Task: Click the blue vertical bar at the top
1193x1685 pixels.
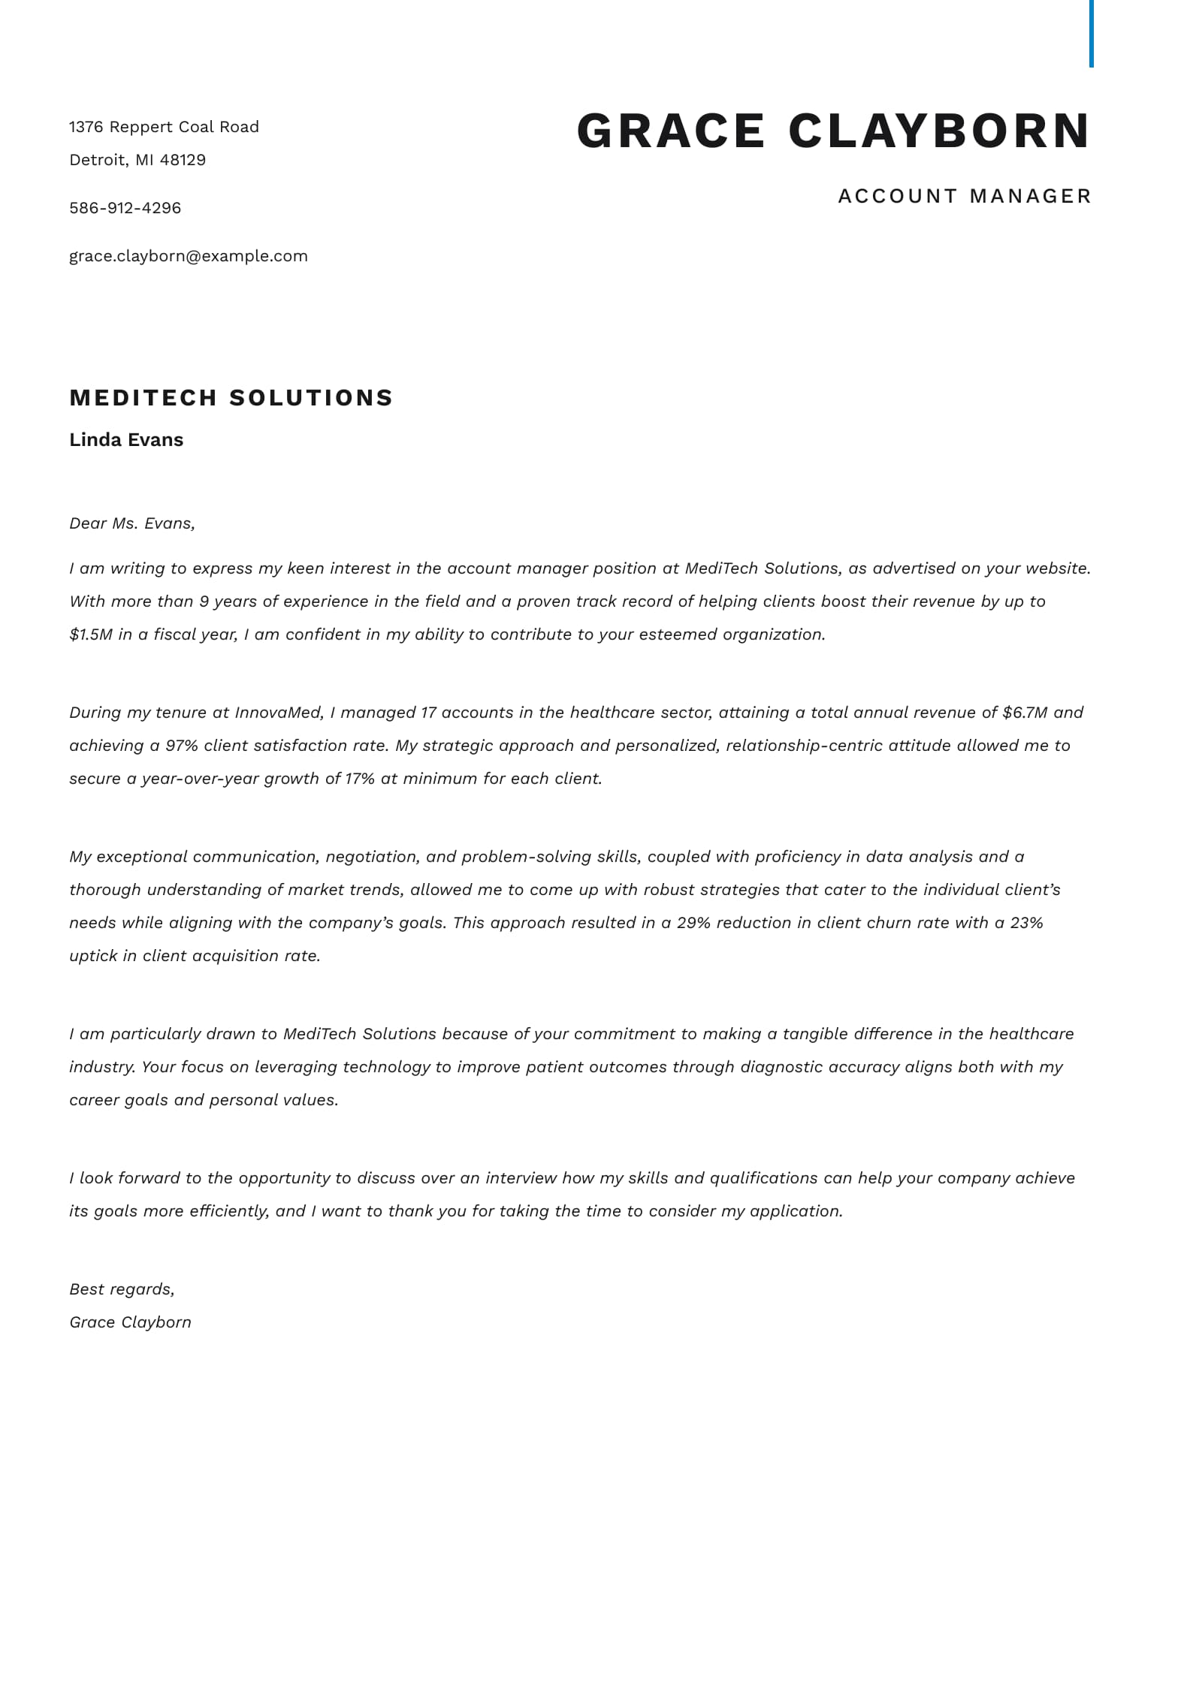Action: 1091,33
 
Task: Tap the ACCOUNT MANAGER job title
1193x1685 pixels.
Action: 964,196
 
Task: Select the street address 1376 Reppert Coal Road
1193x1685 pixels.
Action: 164,127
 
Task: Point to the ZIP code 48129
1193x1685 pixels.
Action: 183,160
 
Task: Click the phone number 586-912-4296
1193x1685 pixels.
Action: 125,208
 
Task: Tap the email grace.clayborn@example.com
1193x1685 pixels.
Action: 188,256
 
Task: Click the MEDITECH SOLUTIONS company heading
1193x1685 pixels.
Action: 231,397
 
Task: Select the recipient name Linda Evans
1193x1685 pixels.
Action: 126,440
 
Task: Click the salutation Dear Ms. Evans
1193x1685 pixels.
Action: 131,523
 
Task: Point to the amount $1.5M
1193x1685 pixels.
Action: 90,635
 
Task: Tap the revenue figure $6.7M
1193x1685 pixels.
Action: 1025,713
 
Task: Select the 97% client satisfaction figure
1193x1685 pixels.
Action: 181,746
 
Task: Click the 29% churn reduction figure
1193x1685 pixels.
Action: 693,923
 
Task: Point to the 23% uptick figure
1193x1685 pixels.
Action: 1026,923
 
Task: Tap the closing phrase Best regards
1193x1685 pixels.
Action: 121,1289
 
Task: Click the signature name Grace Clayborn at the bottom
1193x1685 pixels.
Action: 130,1322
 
